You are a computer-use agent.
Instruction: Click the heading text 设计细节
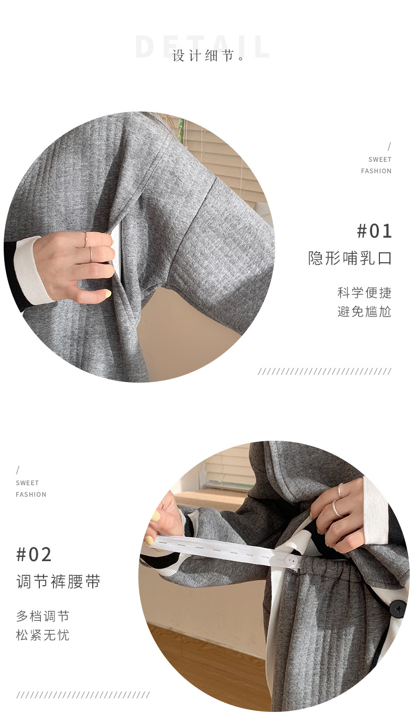point(203,56)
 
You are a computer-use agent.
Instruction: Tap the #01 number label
point(374,231)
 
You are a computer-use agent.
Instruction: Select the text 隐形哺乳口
point(350,258)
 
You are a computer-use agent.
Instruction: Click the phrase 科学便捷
point(364,293)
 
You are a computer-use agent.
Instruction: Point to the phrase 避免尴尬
point(364,311)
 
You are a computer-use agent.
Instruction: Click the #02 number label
point(34,555)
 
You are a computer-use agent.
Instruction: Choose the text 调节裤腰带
point(58,582)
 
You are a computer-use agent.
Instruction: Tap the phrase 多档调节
point(43,616)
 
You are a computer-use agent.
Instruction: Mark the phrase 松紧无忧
point(43,635)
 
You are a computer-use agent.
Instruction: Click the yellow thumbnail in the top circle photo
point(107,294)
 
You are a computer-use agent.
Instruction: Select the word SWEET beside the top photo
point(379,160)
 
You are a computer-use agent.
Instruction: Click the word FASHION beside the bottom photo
point(31,495)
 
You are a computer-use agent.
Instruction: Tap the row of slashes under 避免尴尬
point(324,371)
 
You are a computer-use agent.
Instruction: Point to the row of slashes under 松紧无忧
point(83,695)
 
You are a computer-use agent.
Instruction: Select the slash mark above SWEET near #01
point(389,147)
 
